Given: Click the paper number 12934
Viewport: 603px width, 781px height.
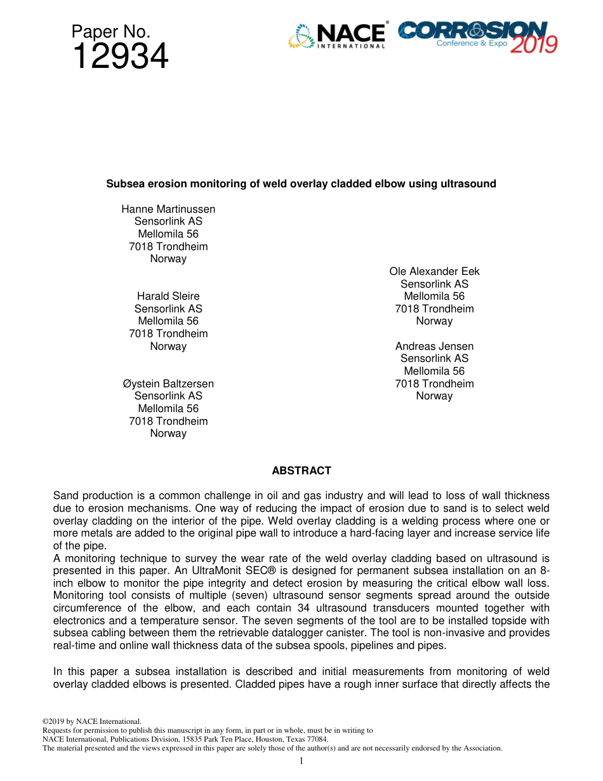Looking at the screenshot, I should pos(120,57).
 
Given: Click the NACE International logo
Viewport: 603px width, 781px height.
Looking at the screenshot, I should pos(337,36).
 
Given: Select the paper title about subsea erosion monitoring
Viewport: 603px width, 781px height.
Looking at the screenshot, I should pos(301,184).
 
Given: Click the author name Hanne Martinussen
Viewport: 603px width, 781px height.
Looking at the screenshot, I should pos(168,209).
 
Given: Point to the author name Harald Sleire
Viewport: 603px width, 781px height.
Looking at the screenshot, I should pos(168,296).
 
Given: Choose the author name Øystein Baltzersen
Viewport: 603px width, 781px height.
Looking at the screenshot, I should pos(168,384).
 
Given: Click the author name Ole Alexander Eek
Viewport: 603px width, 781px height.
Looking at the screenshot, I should pos(434,271).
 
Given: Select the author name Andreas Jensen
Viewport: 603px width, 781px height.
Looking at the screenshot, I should pos(434,346).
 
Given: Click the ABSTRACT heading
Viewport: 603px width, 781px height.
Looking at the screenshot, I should pos(301,471).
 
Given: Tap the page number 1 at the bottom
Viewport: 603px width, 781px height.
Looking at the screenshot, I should pos(301,761).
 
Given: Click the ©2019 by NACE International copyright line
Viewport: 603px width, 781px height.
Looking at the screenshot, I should pos(91,721).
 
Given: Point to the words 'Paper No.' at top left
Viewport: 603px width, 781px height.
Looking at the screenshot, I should pos(110,31).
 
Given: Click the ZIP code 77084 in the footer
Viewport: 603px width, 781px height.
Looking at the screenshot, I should pos(317,739).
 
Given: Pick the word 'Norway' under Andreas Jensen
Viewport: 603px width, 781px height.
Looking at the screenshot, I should pos(434,396).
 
